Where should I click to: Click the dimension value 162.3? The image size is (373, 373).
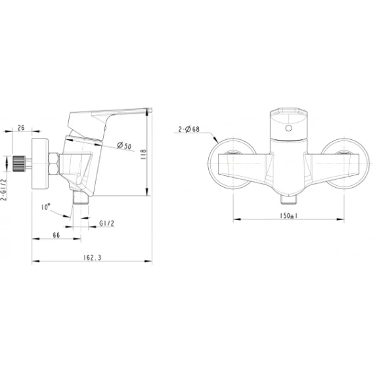coord(93,257)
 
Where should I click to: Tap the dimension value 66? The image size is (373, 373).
coord(56,235)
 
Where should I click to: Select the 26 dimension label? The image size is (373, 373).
coord(21,128)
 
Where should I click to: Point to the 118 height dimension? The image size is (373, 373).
coord(143,154)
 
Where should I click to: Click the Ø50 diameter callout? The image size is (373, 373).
coord(124,145)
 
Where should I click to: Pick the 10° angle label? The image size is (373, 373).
coord(45,207)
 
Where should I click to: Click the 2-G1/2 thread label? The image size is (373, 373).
coord(4,190)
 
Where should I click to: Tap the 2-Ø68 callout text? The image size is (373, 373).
coord(189,129)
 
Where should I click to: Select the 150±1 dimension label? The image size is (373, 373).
coord(288,215)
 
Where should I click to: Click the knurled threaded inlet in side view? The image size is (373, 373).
coord(19,164)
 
